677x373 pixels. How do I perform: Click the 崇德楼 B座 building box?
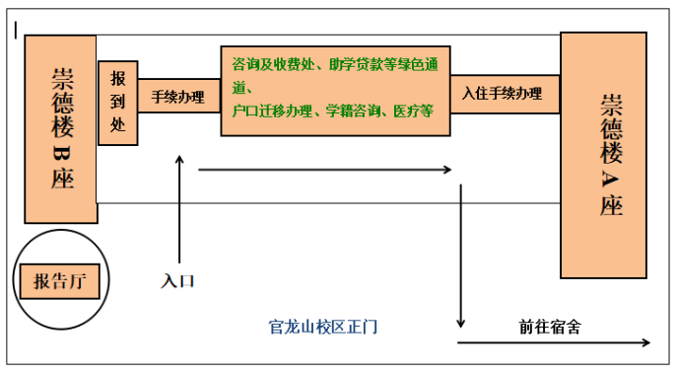(x=60, y=128)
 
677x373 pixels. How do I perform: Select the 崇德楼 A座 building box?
(x=603, y=155)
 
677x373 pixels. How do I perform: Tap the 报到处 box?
(x=118, y=103)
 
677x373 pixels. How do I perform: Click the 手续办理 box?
(x=178, y=97)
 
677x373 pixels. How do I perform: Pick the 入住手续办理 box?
(x=504, y=94)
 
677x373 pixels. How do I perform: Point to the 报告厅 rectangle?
(x=60, y=281)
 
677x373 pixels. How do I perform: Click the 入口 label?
(x=178, y=281)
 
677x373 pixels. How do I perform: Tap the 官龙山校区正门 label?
(x=323, y=326)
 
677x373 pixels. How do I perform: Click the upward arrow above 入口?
(x=179, y=207)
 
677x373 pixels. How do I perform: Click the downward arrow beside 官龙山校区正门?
(x=460, y=257)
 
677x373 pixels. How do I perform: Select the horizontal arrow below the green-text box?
(x=325, y=170)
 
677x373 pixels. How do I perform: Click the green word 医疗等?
(x=413, y=111)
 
